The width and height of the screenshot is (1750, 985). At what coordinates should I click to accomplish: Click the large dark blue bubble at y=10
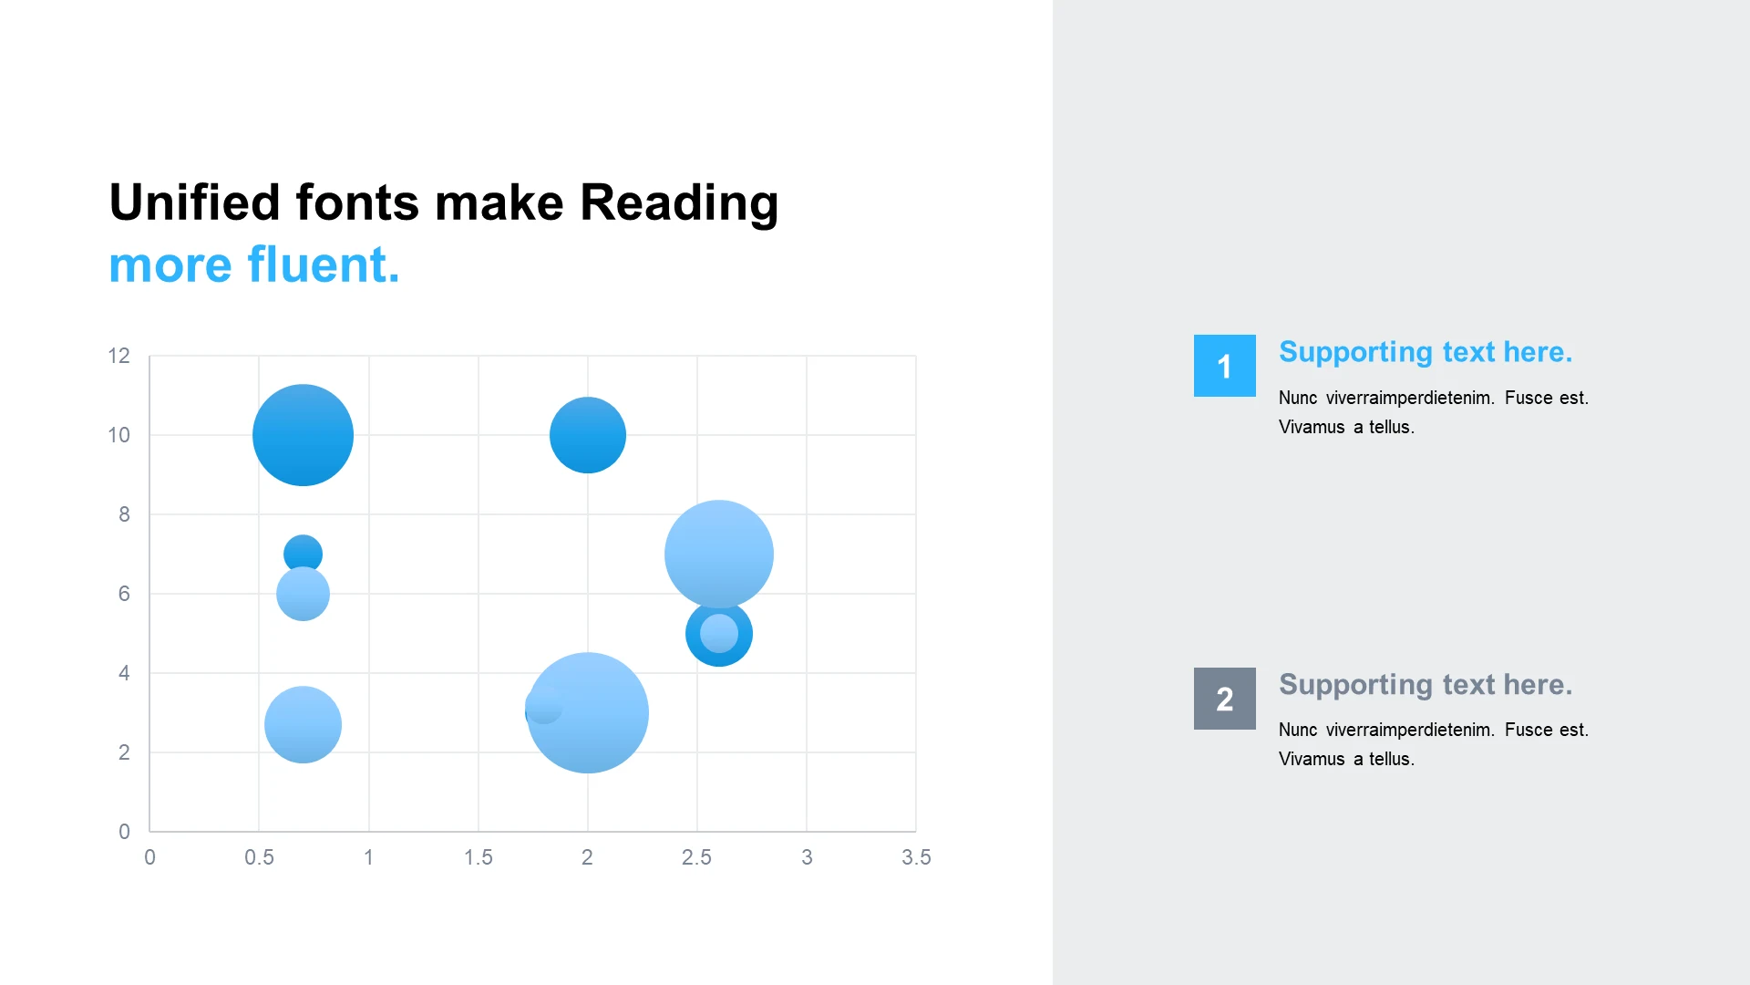pos(303,435)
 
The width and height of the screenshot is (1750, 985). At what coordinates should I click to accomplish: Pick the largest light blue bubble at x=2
pos(588,713)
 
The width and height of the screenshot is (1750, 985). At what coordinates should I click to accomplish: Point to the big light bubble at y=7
pos(719,554)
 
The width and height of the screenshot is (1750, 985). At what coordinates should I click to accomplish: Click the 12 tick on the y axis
pos(119,356)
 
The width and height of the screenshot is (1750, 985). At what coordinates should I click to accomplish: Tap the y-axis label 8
pos(124,514)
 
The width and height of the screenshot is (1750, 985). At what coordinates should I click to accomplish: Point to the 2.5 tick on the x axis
pos(697,857)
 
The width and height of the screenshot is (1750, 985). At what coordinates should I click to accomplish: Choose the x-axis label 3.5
pos(916,857)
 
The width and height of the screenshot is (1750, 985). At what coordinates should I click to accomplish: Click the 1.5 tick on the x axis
pos(479,857)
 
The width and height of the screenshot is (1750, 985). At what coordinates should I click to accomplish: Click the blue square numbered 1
pos(1225,366)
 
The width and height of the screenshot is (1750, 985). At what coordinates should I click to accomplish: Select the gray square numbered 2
pos(1225,699)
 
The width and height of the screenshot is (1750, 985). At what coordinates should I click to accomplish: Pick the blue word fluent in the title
pos(324,264)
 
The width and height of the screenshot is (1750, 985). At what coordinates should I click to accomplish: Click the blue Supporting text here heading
pos(1426,352)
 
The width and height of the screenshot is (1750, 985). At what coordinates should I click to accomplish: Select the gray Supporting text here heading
pos(1426,685)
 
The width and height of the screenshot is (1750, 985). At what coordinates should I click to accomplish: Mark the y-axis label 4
pos(124,673)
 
